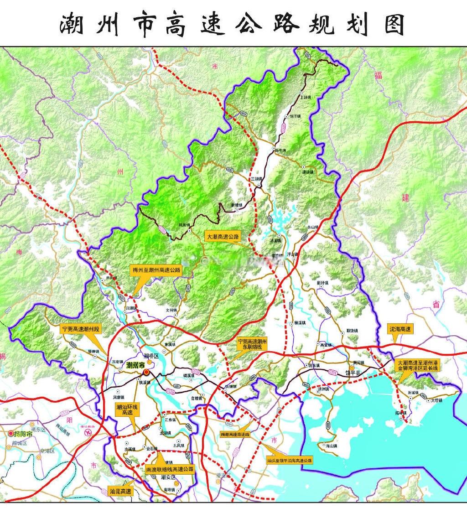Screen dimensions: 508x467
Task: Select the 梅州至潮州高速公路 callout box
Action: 156,270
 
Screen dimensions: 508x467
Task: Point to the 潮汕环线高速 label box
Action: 124,410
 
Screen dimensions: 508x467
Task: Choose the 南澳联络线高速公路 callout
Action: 170,468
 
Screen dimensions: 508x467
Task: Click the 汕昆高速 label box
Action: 120,492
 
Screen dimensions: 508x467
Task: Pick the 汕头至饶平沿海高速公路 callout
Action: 290,461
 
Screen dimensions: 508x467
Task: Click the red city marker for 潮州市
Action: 146,372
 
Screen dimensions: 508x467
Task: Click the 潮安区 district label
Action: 168,477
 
